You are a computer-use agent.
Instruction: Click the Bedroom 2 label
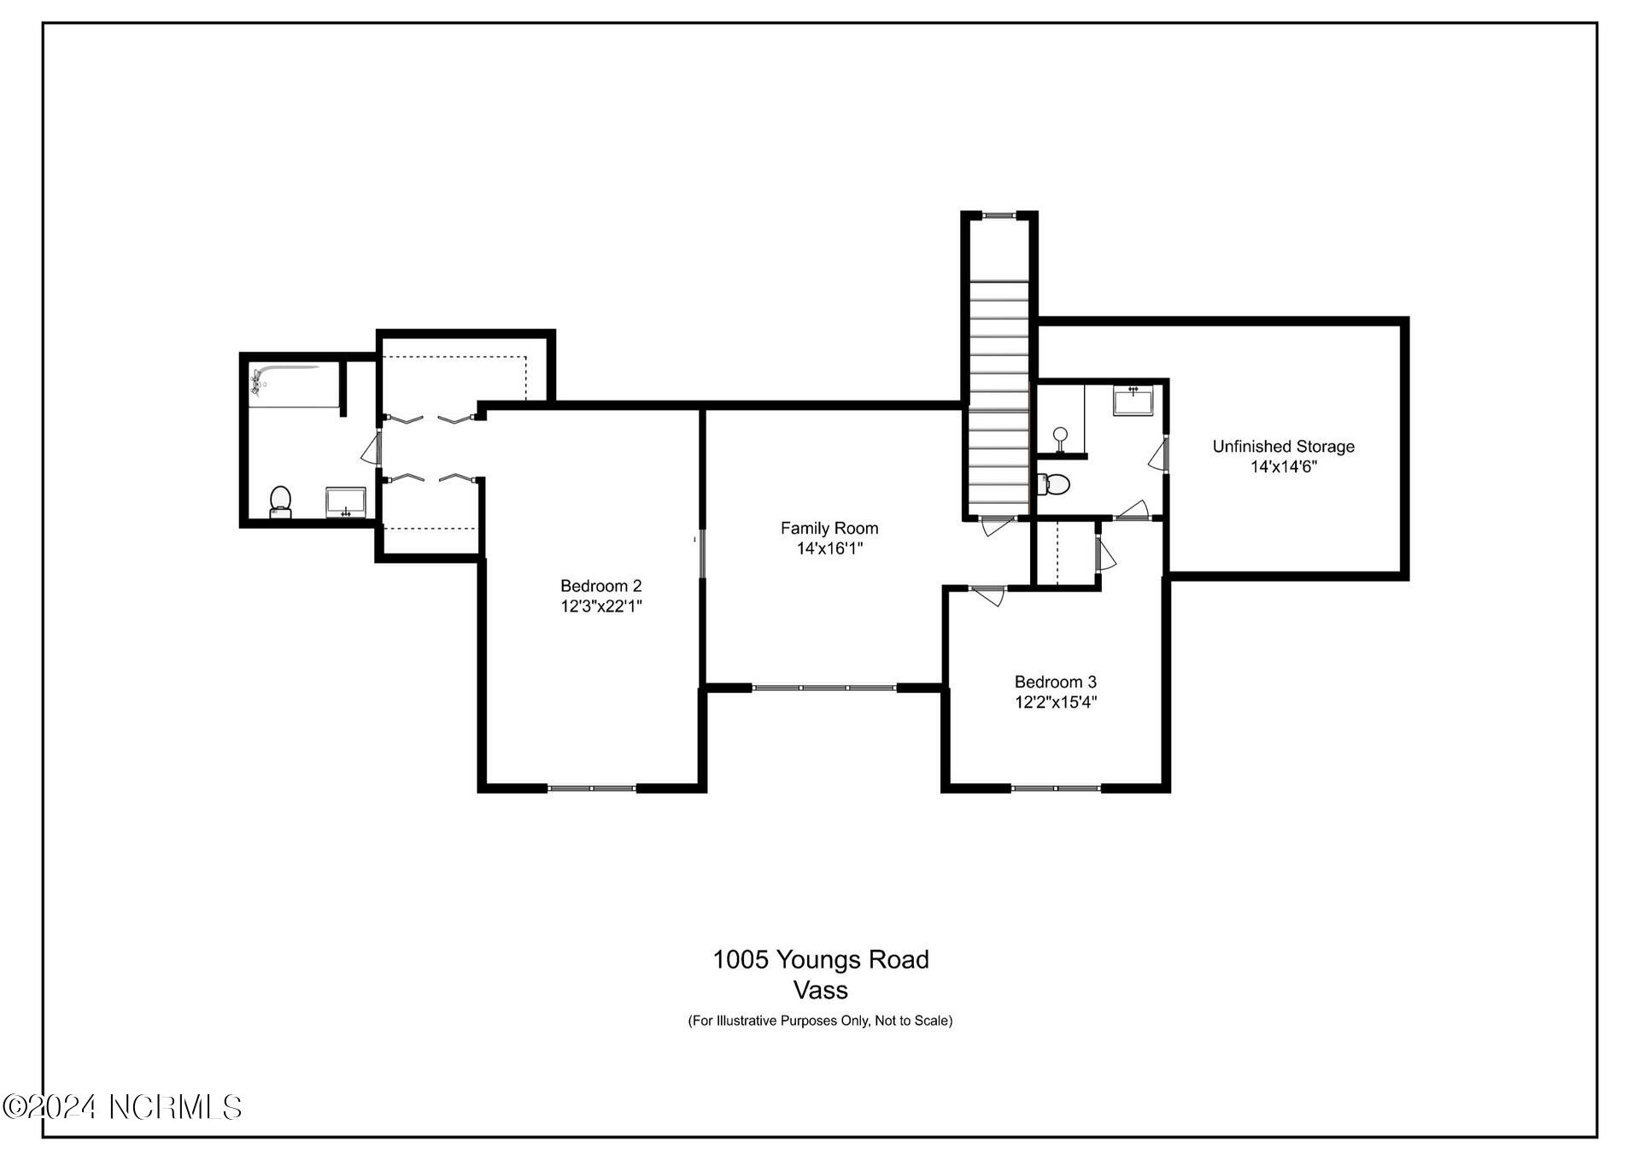point(600,586)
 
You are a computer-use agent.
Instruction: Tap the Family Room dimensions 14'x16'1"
point(829,548)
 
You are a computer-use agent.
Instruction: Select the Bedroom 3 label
point(1055,682)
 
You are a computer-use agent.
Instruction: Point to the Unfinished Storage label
point(1283,446)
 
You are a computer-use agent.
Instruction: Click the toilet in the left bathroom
point(280,501)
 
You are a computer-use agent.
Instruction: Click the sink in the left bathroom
point(345,502)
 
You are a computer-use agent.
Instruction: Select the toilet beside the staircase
point(1054,484)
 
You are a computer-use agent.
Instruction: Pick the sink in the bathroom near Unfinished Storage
point(1133,400)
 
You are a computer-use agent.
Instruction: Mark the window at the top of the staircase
point(999,215)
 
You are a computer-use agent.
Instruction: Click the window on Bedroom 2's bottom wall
point(592,788)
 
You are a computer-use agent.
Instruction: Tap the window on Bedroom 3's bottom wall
point(1056,788)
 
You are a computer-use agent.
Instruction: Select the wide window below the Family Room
point(824,687)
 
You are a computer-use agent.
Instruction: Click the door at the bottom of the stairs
point(996,524)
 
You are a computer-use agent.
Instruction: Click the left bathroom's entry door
point(373,448)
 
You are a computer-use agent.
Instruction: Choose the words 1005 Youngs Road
point(820,959)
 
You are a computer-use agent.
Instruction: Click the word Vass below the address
point(820,990)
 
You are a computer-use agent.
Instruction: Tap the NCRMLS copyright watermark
point(122,1107)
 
